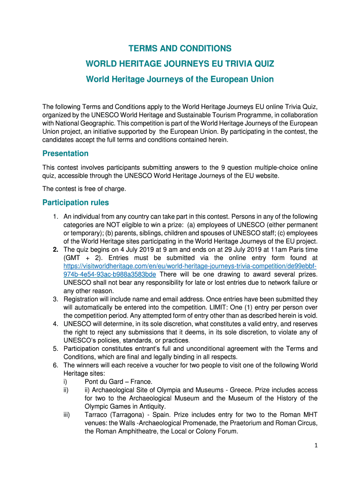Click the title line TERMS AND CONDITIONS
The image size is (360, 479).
pyautogui.click(x=180, y=49)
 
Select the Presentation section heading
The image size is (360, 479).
pyautogui.click(x=65, y=153)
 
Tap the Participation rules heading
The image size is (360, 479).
pyautogui.click(x=76, y=203)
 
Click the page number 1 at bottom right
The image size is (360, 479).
pyautogui.click(x=316, y=445)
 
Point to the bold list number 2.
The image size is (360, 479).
pyautogui.click(x=55, y=249)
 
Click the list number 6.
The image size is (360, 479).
pyautogui.click(x=55, y=365)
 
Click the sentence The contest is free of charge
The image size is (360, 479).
pyautogui.click(x=84, y=189)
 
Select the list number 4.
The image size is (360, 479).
pyautogui.click(x=55, y=324)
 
